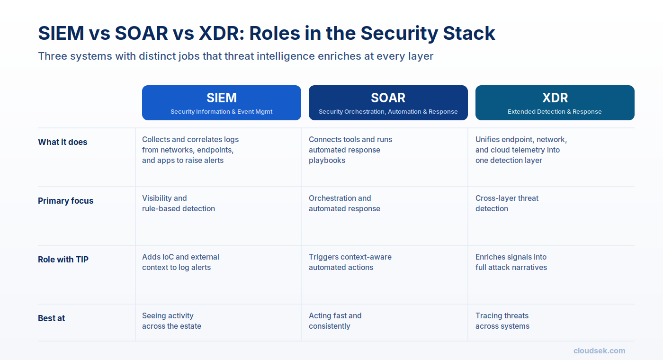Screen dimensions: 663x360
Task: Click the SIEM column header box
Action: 222,103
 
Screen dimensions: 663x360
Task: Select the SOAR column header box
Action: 388,103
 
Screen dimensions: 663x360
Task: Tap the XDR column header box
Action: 555,103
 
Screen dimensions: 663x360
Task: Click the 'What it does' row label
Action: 63,142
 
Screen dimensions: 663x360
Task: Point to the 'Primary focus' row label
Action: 65,201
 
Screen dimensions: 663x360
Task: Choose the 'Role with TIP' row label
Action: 63,260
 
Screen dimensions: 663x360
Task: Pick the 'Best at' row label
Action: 51,318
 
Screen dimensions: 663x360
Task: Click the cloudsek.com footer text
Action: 599,351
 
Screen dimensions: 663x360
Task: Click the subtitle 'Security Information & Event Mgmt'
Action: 222,112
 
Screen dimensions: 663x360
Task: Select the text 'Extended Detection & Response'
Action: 555,112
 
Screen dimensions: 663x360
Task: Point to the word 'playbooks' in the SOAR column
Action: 327,161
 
